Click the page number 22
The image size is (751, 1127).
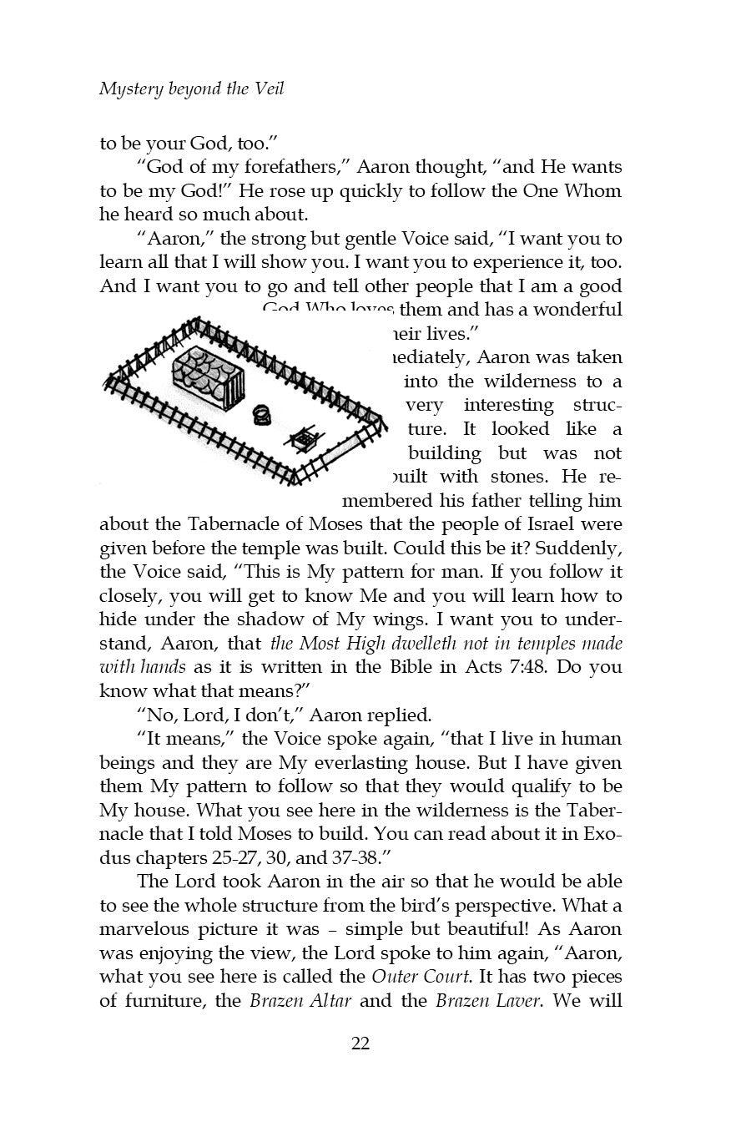tap(360, 1042)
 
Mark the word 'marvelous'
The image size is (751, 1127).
tap(140, 929)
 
